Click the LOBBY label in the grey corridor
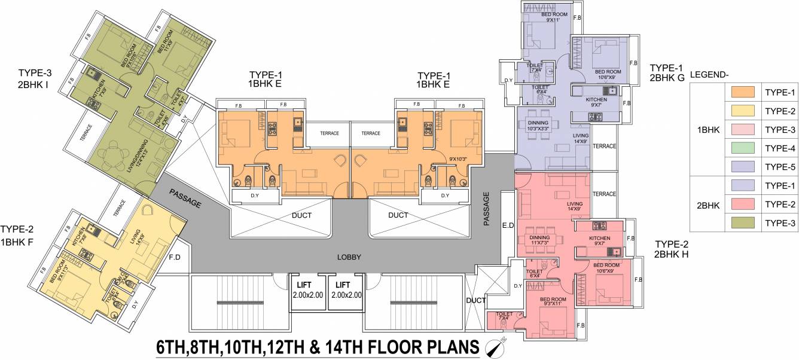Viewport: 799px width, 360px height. click(x=349, y=257)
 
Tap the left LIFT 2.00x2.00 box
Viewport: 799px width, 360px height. click(x=307, y=291)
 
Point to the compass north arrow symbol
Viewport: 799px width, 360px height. click(x=495, y=346)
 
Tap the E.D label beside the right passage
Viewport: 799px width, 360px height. click(x=508, y=226)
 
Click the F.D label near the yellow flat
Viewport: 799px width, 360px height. click(x=175, y=258)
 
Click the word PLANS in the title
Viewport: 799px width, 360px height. click(x=450, y=347)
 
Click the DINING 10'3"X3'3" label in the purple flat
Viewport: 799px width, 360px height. click(x=538, y=126)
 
